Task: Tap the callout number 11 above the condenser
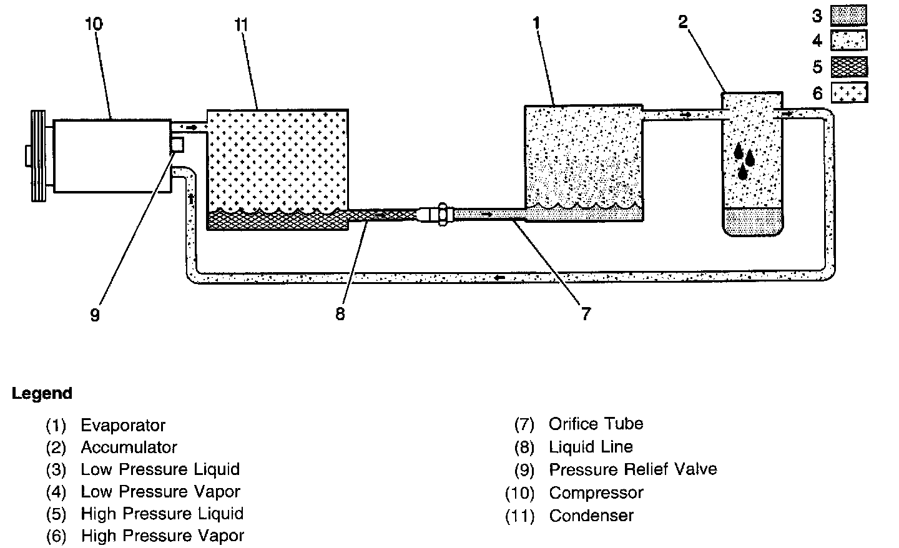(241, 24)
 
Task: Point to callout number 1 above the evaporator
(536, 23)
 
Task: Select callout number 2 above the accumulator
(682, 22)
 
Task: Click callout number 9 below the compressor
(95, 315)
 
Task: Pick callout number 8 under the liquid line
(340, 314)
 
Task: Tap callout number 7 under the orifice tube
(586, 314)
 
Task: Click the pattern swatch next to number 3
(849, 16)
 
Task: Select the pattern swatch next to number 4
(849, 41)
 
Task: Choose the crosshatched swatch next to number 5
(849, 66)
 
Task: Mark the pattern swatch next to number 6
(849, 92)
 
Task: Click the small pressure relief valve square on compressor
(177, 144)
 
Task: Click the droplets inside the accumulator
(744, 160)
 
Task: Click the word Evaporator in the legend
(123, 426)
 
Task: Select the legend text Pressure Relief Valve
(632, 469)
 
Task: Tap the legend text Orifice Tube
(596, 424)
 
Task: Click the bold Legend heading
(42, 394)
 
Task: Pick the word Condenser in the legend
(591, 516)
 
